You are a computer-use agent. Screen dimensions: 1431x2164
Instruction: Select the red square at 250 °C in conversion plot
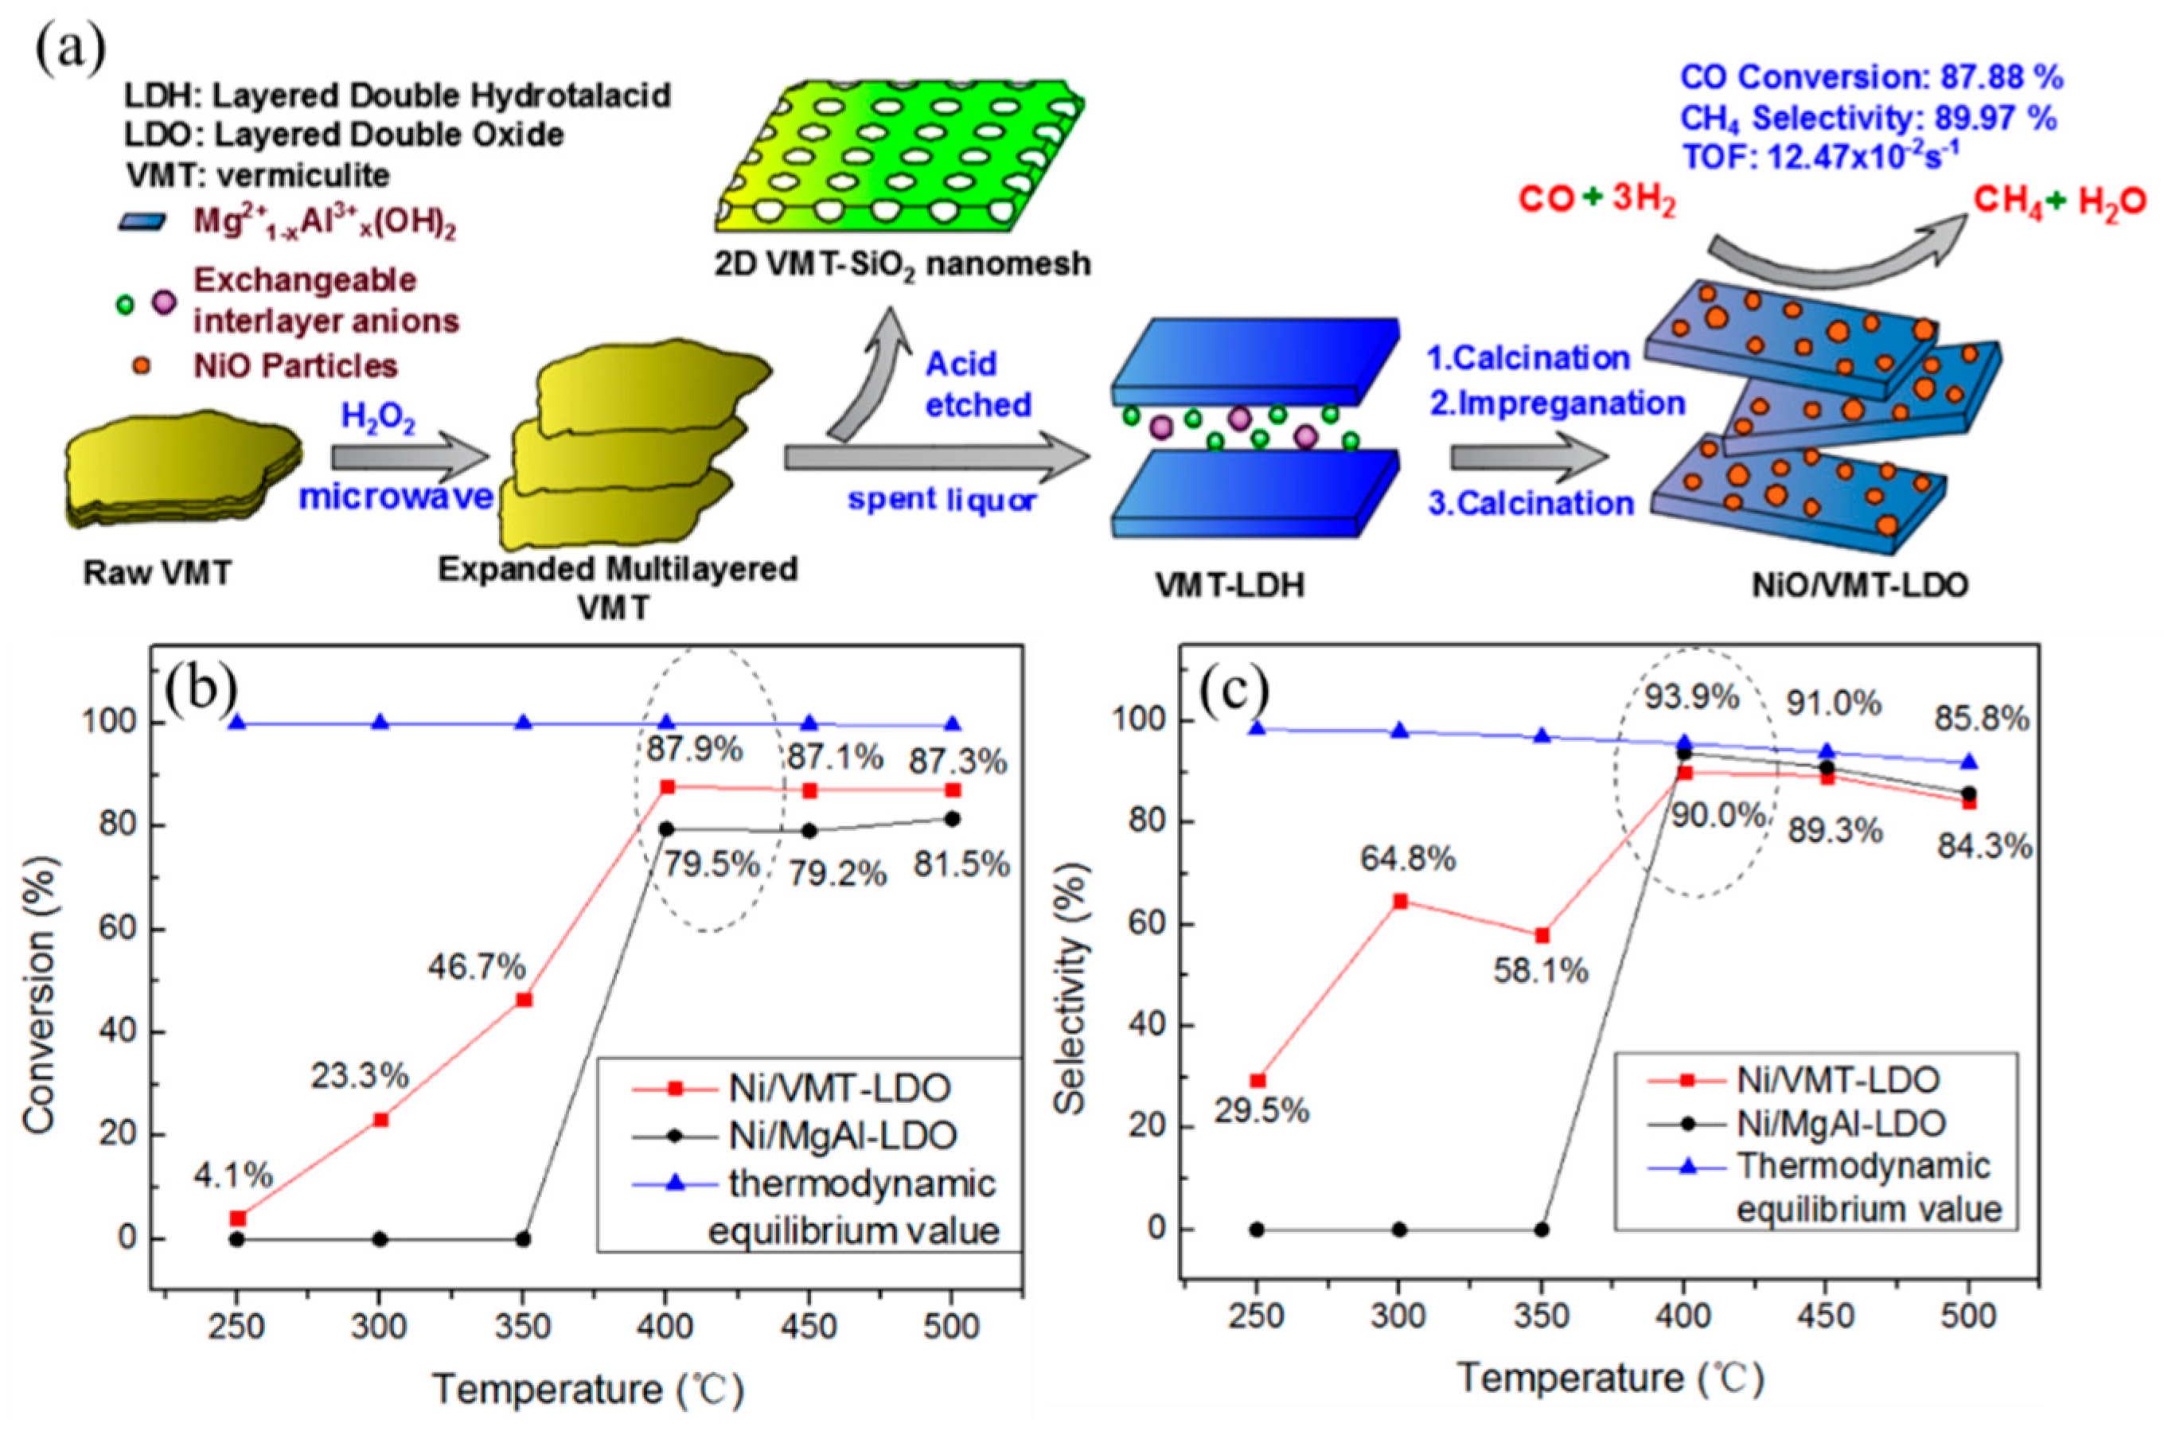tap(238, 1218)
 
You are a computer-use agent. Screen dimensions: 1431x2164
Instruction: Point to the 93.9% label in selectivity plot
tap(1691, 698)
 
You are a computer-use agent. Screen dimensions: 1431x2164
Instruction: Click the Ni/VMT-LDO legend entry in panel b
tap(840, 1087)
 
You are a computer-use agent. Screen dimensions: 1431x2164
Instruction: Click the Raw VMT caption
tap(157, 573)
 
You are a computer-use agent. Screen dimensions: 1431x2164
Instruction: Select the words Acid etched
tap(978, 384)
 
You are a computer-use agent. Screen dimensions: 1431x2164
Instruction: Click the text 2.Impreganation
tap(1556, 403)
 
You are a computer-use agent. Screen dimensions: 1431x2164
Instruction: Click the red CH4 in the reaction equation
tap(2006, 201)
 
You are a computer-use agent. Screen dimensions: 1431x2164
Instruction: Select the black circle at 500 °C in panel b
tap(952, 819)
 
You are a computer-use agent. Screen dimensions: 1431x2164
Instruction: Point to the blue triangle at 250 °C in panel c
tap(1257, 727)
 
